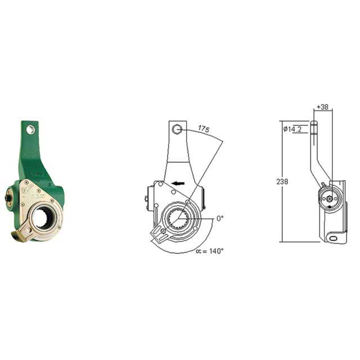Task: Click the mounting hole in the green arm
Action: (31, 130)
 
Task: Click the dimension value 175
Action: (204, 129)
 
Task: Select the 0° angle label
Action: (220, 218)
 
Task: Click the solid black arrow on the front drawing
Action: (179, 183)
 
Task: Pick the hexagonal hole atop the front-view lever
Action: (177, 130)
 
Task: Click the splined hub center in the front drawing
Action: (179, 218)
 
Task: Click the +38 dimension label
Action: (323, 106)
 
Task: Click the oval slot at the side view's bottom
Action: (336, 238)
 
